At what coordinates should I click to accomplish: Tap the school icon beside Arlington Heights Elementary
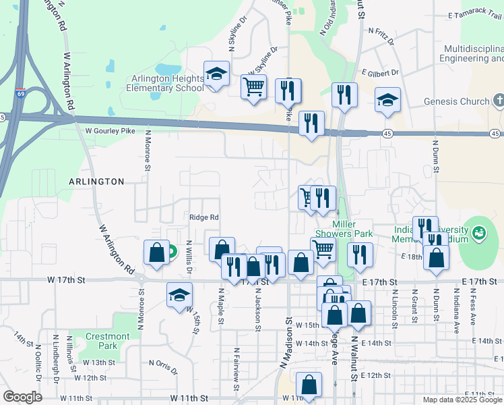(216, 74)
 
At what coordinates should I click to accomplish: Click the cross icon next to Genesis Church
(498, 101)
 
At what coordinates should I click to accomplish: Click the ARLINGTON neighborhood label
(96, 182)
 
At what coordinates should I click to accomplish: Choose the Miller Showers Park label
(352, 229)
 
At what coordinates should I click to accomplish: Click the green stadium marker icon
(479, 234)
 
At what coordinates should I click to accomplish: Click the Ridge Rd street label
(204, 217)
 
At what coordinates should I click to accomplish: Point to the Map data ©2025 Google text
(462, 400)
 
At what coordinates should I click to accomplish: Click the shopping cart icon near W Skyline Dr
(253, 86)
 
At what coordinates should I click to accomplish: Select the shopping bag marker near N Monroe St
(156, 252)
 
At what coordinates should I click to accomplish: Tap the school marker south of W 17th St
(180, 295)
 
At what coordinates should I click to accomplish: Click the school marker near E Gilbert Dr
(387, 100)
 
